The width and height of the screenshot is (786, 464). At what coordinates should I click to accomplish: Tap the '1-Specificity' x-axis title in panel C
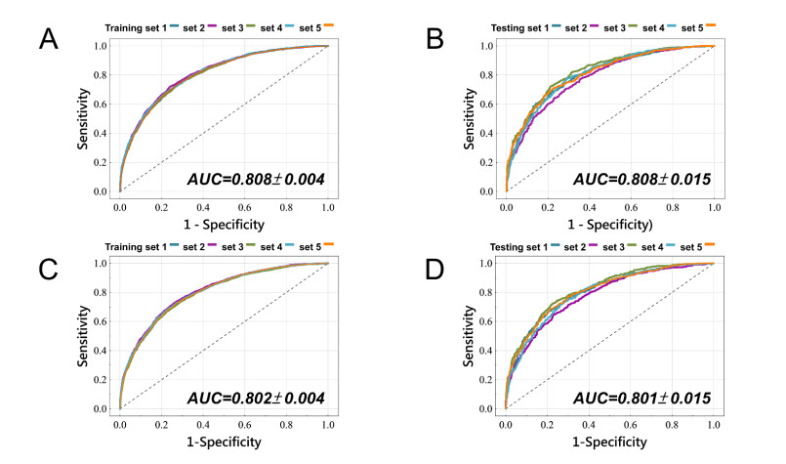pos(224,443)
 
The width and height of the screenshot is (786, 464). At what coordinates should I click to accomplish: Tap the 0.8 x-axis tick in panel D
pos(672,425)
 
